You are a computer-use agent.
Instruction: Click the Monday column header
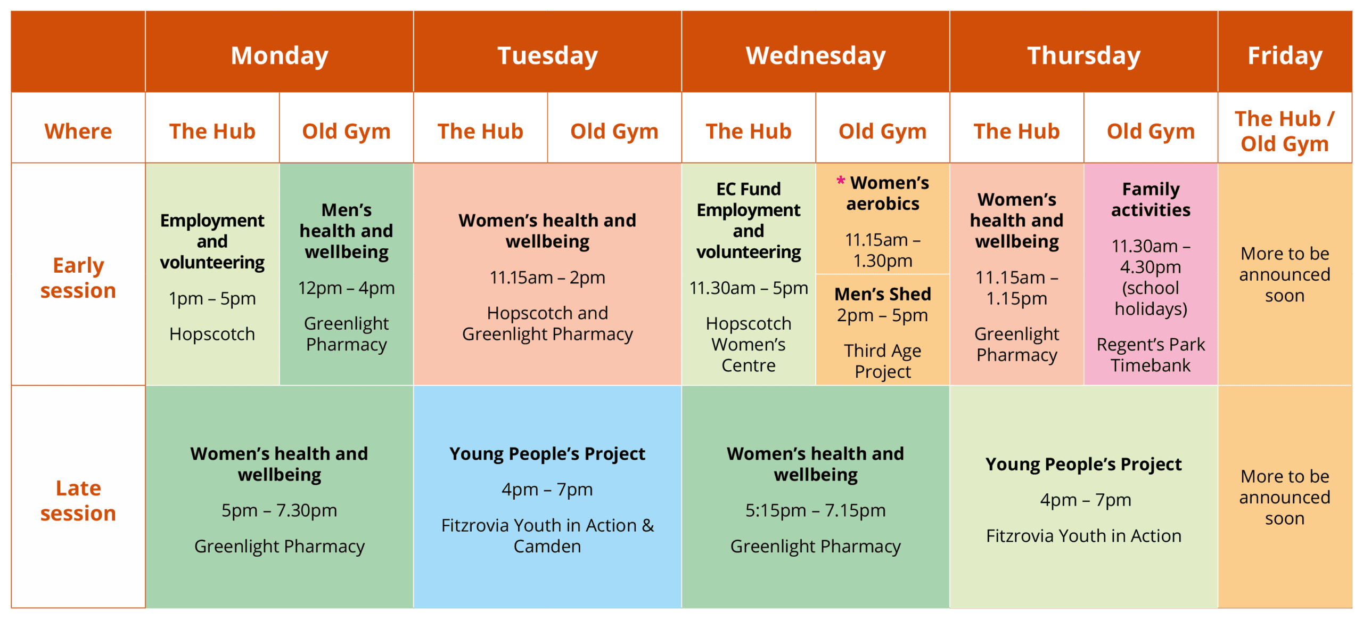[280, 55]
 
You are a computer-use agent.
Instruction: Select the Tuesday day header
[547, 55]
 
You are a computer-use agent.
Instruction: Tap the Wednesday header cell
[815, 55]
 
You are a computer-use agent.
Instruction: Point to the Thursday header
[1083, 55]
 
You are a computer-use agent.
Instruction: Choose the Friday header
[1285, 55]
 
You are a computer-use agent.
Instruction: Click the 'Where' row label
[78, 131]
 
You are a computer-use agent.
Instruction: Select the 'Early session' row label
[78, 278]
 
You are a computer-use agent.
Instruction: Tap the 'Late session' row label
[78, 500]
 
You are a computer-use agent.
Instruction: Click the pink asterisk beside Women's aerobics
[841, 181]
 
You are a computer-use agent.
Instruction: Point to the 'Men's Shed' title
[883, 294]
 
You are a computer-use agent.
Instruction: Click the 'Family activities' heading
[1151, 199]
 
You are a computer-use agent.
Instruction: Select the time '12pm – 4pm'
[346, 288]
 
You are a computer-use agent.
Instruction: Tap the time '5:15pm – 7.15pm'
[815, 510]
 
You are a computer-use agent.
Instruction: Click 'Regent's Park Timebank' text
[1151, 355]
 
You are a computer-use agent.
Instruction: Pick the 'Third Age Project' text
[883, 361]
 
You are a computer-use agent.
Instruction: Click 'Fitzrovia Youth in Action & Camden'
[547, 536]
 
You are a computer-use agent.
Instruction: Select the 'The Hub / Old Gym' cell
[1285, 131]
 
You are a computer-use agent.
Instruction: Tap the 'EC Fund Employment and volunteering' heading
[748, 220]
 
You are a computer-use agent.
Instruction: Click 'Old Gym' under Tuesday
[614, 131]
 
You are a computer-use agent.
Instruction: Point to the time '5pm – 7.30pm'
[280, 510]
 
